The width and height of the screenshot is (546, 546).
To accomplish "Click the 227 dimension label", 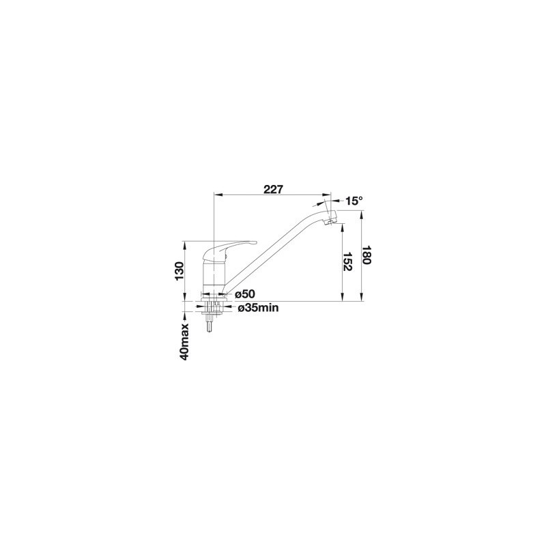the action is coord(274,190).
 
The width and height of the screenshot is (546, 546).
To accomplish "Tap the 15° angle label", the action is coord(354,201).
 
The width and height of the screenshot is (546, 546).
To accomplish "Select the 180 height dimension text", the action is coord(366,255).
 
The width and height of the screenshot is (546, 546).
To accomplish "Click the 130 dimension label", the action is coord(179,271).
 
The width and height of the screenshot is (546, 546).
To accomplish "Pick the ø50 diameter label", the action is coord(245,295).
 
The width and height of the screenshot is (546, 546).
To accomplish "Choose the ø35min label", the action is coord(258,308).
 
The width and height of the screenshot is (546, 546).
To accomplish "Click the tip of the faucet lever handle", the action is coord(255,242).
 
